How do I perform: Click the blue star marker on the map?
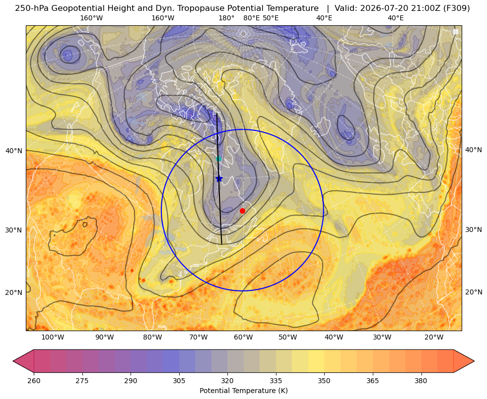coord(219,178)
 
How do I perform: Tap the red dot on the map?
coord(242,211)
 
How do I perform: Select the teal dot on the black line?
coord(218,159)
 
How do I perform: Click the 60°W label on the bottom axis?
coord(243,338)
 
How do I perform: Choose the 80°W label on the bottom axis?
coord(152,338)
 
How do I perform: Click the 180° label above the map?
coord(226,18)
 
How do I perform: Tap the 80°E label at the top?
coord(252,18)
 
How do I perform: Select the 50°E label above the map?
coord(271,18)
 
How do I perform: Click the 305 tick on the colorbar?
coord(179,381)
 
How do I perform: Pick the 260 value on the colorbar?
coord(34,381)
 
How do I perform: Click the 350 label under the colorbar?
coord(324,381)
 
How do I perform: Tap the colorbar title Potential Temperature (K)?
coord(243,391)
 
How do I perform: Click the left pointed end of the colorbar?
coord(13,361)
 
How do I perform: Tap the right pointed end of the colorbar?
coord(474,361)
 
